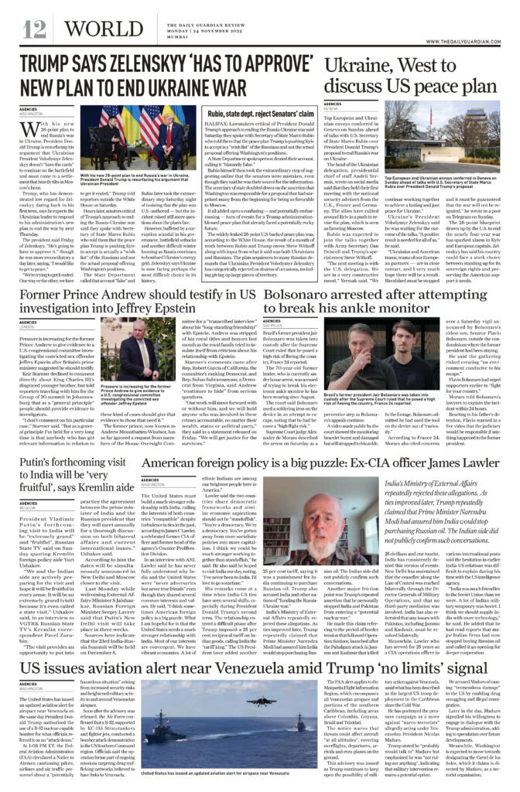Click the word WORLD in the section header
[x=87, y=29]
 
